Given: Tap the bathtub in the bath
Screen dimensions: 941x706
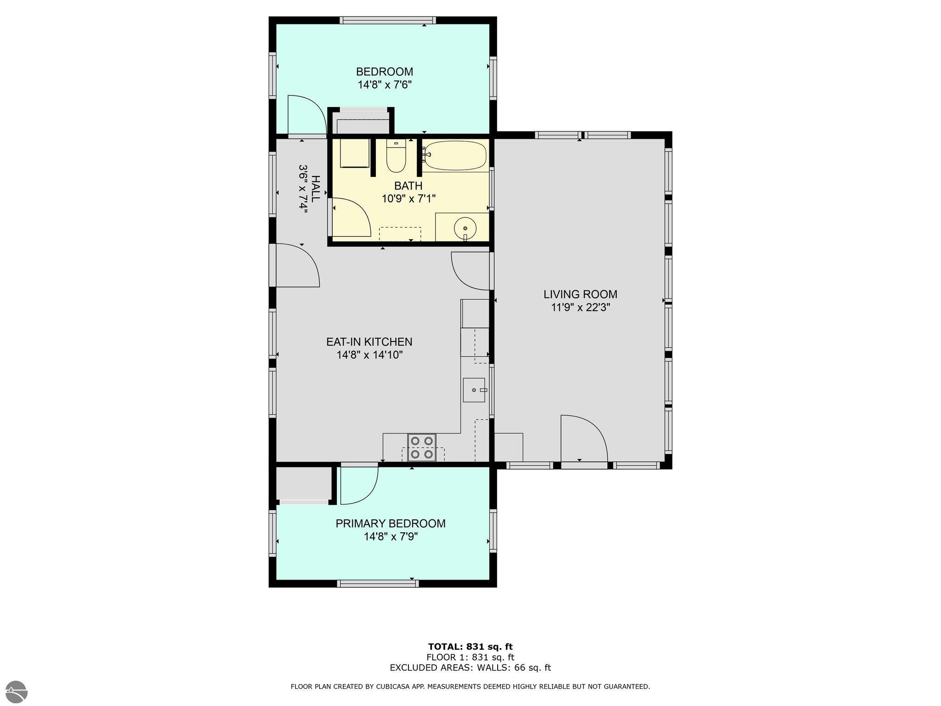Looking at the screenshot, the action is tap(454, 155).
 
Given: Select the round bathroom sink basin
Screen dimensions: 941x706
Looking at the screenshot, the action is tap(465, 228).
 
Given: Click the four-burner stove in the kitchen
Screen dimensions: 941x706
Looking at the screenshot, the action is tap(422, 447).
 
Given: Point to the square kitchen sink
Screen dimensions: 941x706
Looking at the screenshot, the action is tap(474, 390).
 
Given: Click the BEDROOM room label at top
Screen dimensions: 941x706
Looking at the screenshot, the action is tap(385, 72).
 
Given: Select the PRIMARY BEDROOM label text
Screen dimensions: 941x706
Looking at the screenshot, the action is tap(391, 524).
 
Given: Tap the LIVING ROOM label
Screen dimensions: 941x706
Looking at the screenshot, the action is tap(580, 294).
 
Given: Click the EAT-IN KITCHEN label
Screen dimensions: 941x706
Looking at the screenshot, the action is tap(369, 342).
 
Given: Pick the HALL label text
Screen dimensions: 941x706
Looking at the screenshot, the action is tap(315, 189).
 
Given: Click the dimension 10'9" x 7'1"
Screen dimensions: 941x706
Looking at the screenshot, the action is tap(408, 199).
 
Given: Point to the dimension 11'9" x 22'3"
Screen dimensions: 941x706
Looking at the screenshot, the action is tap(580, 307).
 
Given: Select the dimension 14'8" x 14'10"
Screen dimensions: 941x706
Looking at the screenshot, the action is tap(369, 355).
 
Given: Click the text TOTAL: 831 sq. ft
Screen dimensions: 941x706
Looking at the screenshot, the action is tap(470, 647).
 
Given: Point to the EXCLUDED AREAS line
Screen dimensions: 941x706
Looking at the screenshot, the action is tap(470, 668).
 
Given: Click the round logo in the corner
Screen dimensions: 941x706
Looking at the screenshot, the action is tap(14, 692).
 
